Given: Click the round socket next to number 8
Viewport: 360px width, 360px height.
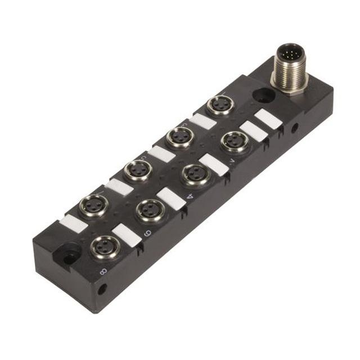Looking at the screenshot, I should click(105, 246).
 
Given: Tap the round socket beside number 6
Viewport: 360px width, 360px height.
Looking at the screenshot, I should click(150, 210).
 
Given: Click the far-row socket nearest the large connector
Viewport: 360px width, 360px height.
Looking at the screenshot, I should click(220, 105).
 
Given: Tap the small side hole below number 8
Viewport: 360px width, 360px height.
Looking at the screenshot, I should click(102, 290).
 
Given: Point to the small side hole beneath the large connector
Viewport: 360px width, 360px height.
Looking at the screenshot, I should click(294, 128).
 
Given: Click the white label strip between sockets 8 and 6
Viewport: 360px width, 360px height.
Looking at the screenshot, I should click(127, 234).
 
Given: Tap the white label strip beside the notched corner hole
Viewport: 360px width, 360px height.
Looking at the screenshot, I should click(73, 223).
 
